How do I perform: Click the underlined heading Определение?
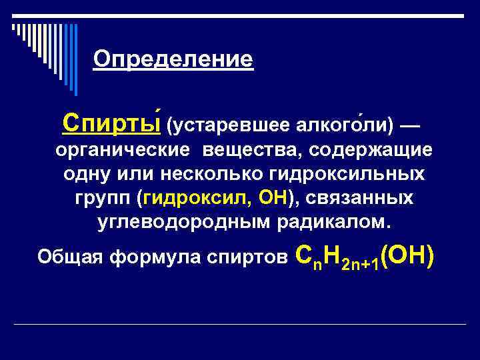coord(173,60)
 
